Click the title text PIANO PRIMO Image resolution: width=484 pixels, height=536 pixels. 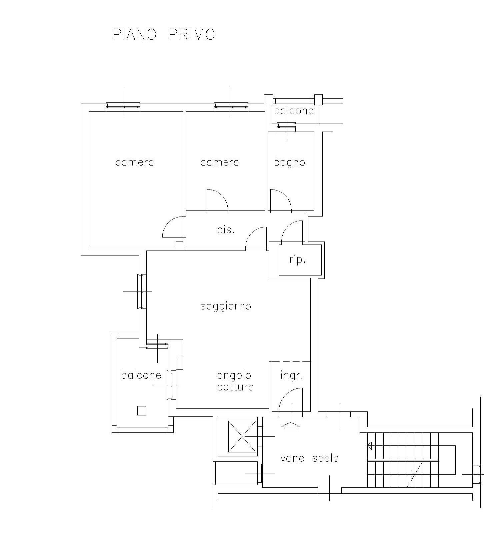[x=164, y=34]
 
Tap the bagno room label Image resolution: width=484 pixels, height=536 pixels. [x=289, y=163]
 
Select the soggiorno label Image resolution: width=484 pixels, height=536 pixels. [x=226, y=306]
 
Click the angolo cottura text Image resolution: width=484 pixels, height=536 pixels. [x=235, y=381]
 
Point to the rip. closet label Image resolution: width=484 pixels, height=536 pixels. [x=297, y=260]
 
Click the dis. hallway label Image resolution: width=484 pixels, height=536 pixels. [x=226, y=230]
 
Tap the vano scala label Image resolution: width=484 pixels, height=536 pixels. [x=310, y=458]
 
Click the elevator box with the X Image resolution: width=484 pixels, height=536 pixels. [x=242, y=436]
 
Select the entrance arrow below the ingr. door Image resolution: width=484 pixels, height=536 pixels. [x=291, y=425]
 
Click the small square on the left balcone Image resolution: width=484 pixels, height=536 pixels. [x=142, y=411]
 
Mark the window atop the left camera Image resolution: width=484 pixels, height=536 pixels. [x=123, y=107]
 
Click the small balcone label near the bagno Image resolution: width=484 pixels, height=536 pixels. [x=294, y=111]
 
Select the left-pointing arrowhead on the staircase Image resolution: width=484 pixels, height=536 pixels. [x=370, y=445]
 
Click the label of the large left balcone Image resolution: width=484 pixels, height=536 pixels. [x=141, y=375]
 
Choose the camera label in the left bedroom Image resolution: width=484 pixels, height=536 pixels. [x=135, y=163]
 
